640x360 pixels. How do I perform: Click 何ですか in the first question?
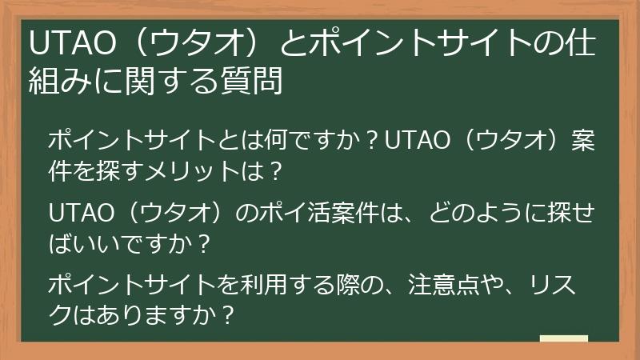(307, 142)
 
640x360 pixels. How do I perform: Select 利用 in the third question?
(274, 286)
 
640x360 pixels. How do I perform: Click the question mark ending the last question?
(228, 314)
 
